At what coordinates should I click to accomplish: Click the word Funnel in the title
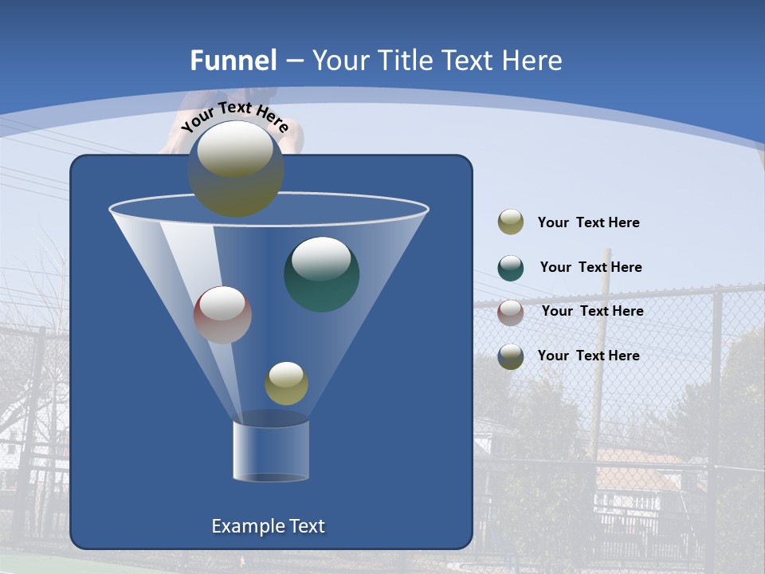click(x=233, y=61)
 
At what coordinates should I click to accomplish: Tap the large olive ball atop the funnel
click(x=236, y=170)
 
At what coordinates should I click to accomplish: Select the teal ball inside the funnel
click(x=322, y=275)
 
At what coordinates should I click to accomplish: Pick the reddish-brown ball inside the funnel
click(x=222, y=315)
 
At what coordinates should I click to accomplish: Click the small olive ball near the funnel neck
click(x=286, y=383)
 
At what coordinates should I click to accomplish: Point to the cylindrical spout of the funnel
click(x=271, y=450)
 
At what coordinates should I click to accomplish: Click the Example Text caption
click(x=268, y=526)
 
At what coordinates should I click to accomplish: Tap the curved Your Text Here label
click(x=234, y=116)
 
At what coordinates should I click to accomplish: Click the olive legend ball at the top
click(x=511, y=222)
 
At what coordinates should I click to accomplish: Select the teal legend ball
click(x=511, y=268)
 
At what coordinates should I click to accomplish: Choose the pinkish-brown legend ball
click(x=511, y=312)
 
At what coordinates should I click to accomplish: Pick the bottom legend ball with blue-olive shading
click(x=511, y=356)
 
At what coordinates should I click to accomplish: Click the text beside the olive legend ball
click(x=588, y=223)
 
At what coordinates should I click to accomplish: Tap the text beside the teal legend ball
click(x=590, y=268)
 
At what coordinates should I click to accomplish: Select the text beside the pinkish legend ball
click(x=592, y=312)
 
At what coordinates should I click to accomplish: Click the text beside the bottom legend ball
click(x=588, y=356)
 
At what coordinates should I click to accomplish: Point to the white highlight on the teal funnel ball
click(x=321, y=259)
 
